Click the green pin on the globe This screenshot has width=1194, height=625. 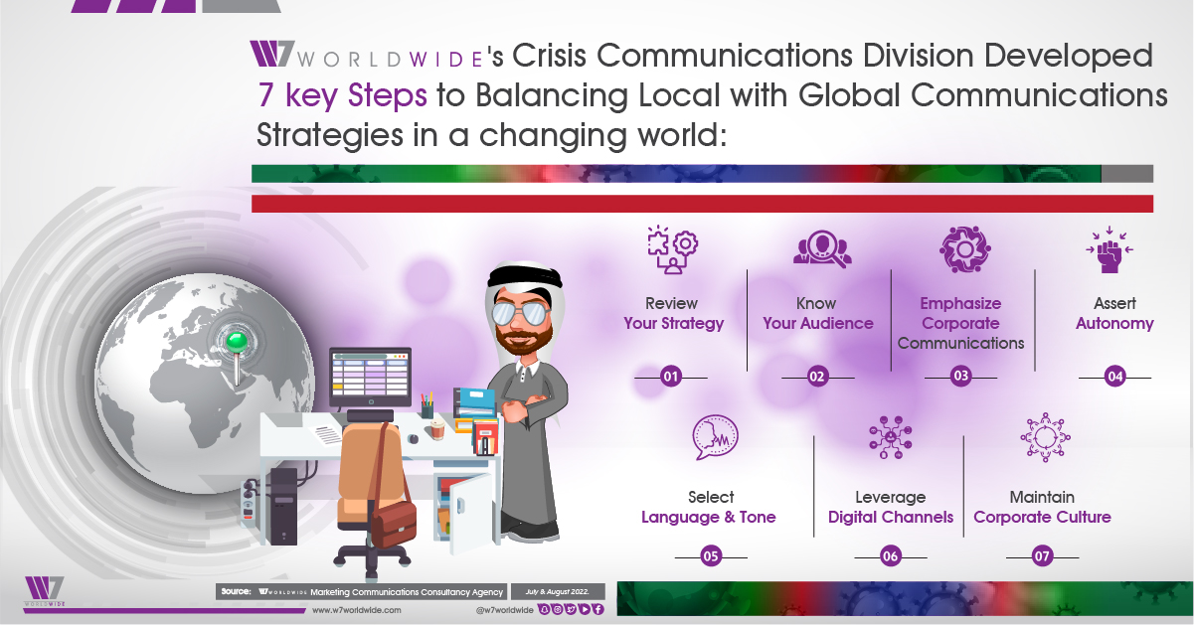click(x=237, y=342)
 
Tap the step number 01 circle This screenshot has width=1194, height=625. click(x=671, y=377)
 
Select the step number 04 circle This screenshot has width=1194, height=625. click(x=1115, y=377)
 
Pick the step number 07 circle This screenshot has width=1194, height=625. click(x=1042, y=556)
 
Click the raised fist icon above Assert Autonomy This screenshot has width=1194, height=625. click(x=1109, y=249)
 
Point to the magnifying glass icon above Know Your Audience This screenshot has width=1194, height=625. click(x=822, y=248)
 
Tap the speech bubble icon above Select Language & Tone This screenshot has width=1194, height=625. click(x=715, y=437)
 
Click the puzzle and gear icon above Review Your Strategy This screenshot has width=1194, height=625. click(x=673, y=249)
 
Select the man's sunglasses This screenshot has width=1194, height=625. click(x=520, y=313)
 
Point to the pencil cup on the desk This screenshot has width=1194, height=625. click(x=426, y=406)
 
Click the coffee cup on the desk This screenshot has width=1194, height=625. click(x=437, y=429)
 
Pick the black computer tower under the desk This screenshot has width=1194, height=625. click(x=283, y=506)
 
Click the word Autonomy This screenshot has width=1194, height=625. click(x=1114, y=323)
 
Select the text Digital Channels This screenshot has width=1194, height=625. click(x=891, y=517)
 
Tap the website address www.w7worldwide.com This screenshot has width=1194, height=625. click(x=357, y=610)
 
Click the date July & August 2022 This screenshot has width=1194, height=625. click(x=557, y=591)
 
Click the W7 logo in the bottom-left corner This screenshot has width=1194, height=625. click(x=45, y=591)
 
